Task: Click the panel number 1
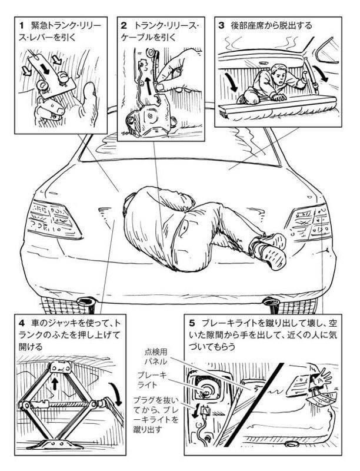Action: [21, 26]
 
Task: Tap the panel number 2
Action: [124, 25]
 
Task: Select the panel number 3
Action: [221, 25]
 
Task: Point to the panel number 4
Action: [21, 323]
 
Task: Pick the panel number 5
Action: [192, 323]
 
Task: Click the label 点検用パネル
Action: [156, 357]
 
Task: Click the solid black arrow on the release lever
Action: [44, 68]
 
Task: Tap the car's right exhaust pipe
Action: [271, 301]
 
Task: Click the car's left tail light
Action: [54, 218]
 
